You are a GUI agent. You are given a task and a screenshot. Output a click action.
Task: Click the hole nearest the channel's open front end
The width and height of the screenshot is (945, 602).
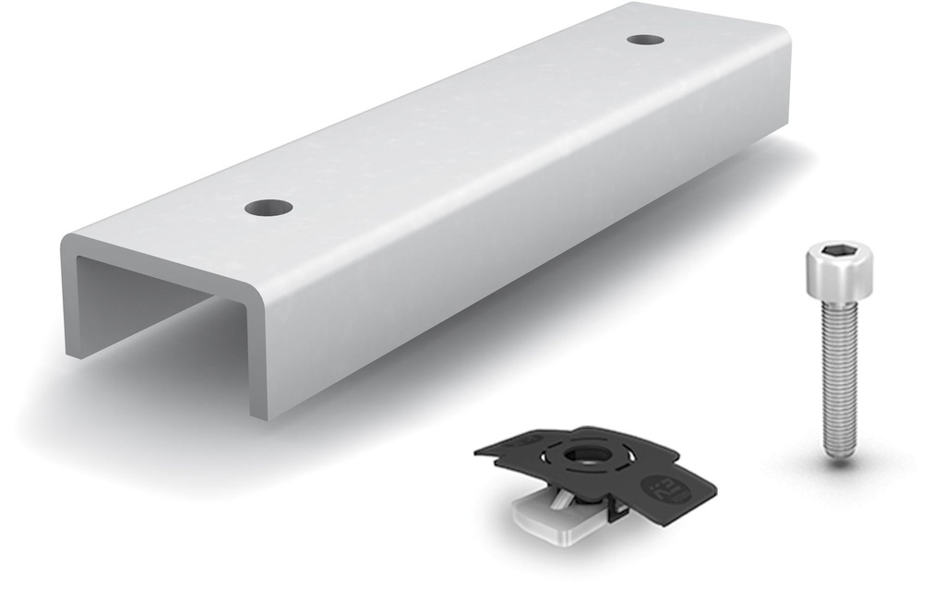269,208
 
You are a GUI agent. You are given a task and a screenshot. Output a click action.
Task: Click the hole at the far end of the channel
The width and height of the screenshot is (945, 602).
645,40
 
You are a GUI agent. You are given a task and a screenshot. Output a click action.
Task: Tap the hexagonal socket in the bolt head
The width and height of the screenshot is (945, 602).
838,251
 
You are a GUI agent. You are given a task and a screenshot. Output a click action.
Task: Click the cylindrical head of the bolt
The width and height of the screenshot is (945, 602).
839,272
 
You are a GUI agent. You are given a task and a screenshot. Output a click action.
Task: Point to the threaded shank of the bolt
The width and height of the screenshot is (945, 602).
840,369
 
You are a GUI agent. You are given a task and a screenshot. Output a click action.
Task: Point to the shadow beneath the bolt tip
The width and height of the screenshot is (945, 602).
840,462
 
